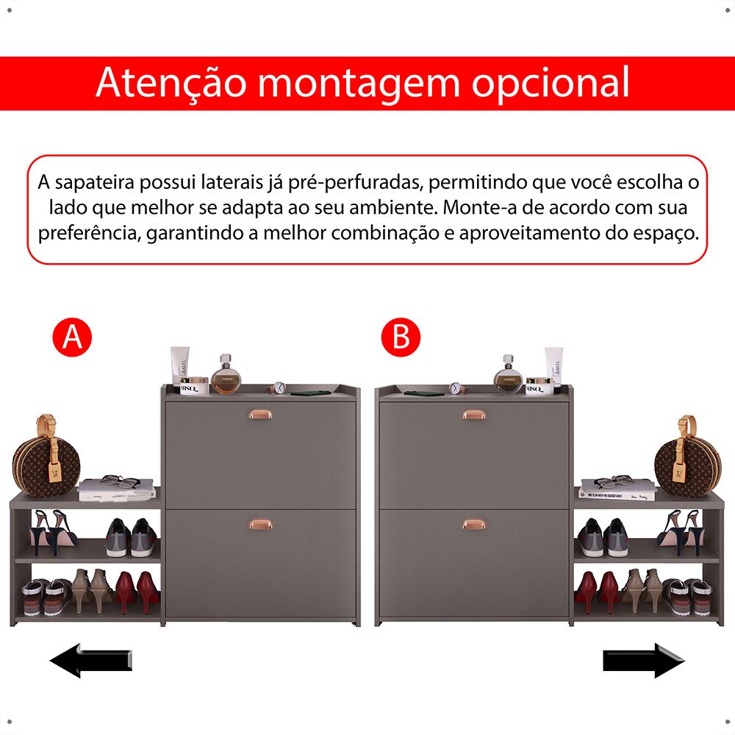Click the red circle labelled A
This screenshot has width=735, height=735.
pos(72,337)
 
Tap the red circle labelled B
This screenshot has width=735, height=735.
pos(401,337)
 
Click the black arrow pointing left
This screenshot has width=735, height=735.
pos(91,660)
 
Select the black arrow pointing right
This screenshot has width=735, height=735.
pos(644,660)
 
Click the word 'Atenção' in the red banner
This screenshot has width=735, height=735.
pos(171,82)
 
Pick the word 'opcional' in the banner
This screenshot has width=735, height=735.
pos(551,85)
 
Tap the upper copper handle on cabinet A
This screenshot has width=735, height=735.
pos(261,414)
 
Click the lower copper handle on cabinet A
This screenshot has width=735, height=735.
pos(261,523)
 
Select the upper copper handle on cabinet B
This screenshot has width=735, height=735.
pos(474,415)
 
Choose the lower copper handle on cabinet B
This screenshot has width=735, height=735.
pos(474,523)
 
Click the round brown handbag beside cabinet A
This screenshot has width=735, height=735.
pos(46,462)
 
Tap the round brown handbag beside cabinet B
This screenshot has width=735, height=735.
pos(688,462)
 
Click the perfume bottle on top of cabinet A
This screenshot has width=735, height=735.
pos(226,374)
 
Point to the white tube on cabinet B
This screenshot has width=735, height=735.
pos(553,367)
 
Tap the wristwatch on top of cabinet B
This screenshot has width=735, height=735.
pos(455,389)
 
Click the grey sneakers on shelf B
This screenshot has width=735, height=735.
pos(603,537)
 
